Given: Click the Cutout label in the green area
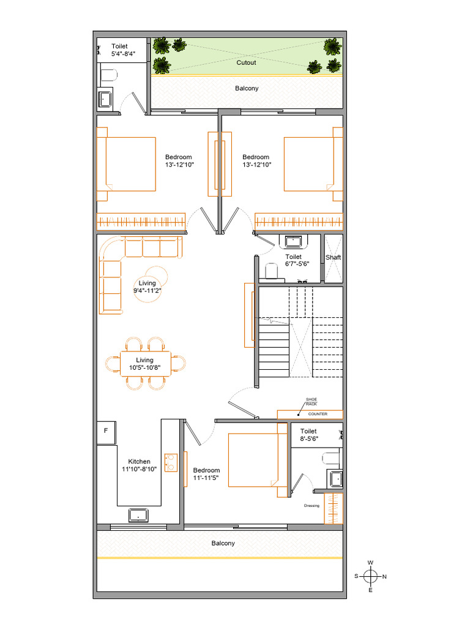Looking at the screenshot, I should click(x=246, y=62).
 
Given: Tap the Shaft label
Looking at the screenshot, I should click(x=333, y=258).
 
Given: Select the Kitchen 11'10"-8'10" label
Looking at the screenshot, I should click(x=139, y=465).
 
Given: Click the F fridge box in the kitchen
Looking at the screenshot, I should click(x=106, y=431).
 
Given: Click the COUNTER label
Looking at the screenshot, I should click(x=318, y=415).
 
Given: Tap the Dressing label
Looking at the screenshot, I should click(x=311, y=506).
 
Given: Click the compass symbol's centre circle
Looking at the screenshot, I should click(x=370, y=576).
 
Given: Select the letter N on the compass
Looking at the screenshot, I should click(x=384, y=577).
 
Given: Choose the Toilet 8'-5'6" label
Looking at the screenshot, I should click(x=308, y=435).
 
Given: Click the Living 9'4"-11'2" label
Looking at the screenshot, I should click(x=147, y=287).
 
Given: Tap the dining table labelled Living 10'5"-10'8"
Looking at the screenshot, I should click(x=145, y=364).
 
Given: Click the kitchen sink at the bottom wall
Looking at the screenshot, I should click(x=139, y=515).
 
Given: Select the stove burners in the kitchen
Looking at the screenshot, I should click(x=170, y=462).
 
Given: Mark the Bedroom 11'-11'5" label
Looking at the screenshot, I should click(x=206, y=475).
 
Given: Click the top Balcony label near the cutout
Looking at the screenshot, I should click(x=247, y=89).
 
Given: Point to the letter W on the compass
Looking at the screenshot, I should click(x=370, y=563).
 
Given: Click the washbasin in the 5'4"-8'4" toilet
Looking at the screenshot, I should click(x=106, y=99).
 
